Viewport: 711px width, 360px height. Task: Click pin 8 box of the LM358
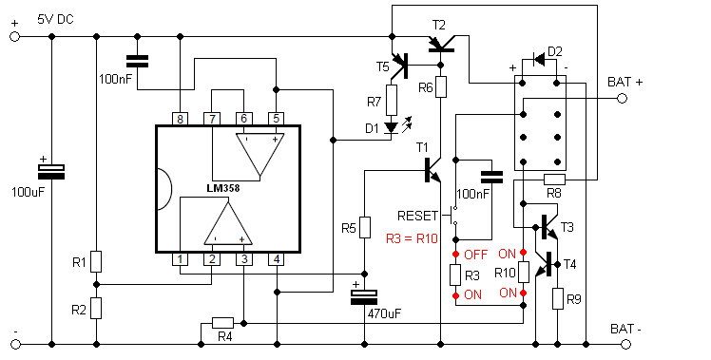coord(181,119)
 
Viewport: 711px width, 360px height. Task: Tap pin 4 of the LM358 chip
coord(277,259)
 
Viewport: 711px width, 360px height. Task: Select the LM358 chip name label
coord(223,188)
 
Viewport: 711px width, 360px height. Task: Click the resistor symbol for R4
coord(223,323)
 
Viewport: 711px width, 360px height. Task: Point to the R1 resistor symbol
coord(96,261)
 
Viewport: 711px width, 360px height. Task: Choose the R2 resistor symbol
coord(96,309)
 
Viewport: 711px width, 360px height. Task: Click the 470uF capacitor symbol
coord(364,297)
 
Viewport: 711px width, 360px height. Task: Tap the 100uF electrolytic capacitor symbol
coord(50,171)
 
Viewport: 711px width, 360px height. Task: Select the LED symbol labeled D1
coord(391,127)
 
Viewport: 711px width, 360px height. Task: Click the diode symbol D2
coord(539,59)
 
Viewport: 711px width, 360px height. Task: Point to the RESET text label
coord(417,216)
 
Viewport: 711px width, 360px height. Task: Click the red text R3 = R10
coord(412,238)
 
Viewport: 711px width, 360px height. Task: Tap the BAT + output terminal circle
coord(622,99)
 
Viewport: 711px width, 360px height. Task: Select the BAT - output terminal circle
coord(625,345)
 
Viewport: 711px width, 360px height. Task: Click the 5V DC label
coord(55,20)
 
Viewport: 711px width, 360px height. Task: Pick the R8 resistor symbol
coord(554,180)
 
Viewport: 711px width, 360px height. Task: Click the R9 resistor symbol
coord(557,298)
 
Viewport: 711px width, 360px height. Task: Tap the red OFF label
coord(475,255)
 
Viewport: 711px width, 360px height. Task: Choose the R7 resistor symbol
coord(392,100)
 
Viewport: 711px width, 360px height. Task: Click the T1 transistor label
coord(422,147)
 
